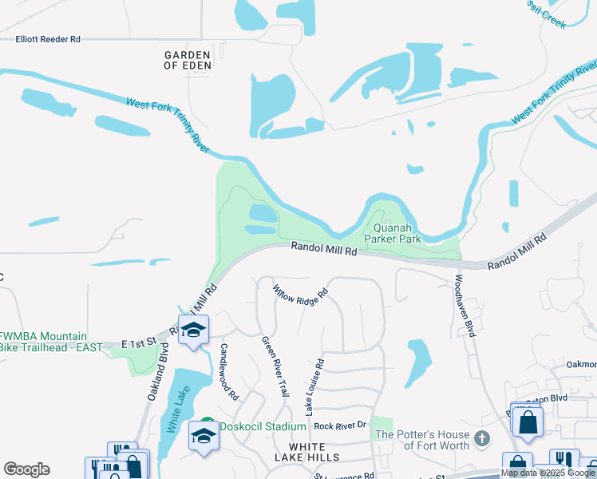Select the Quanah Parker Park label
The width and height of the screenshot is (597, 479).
click(393, 233)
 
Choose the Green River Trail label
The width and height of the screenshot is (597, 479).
click(275, 366)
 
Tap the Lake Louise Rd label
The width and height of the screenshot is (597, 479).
click(314, 386)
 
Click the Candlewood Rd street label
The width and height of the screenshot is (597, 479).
click(229, 372)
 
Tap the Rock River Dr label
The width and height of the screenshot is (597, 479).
click(339, 426)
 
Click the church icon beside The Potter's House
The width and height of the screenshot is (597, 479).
click(482, 438)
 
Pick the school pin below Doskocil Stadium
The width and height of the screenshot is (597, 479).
click(203, 437)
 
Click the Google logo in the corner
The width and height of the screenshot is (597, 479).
click(26, 469)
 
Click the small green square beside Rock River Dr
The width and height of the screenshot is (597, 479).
click(383, 427)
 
